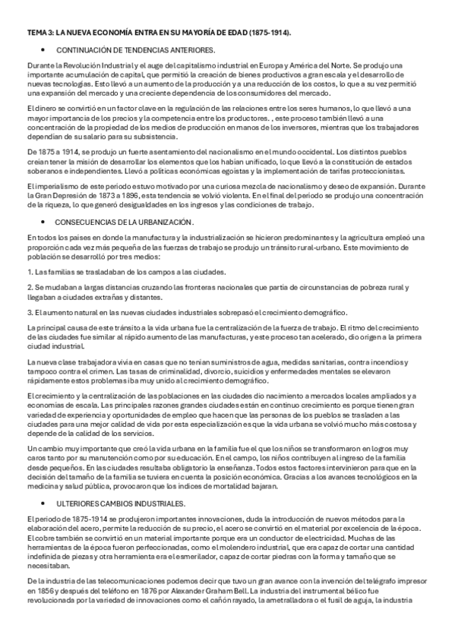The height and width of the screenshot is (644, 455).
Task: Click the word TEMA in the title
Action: click(x=36, y=33)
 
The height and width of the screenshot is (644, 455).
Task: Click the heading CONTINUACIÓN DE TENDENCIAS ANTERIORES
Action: click(x=135, y=49)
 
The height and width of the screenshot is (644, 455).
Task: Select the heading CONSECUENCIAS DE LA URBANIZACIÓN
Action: click(x=125, y=222)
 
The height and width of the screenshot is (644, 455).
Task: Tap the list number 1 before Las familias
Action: click(x=30, y=271)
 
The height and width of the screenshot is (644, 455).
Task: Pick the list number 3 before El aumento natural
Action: click(x=30, y=311)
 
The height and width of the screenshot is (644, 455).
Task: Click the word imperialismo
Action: click(x=53, y=186)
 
